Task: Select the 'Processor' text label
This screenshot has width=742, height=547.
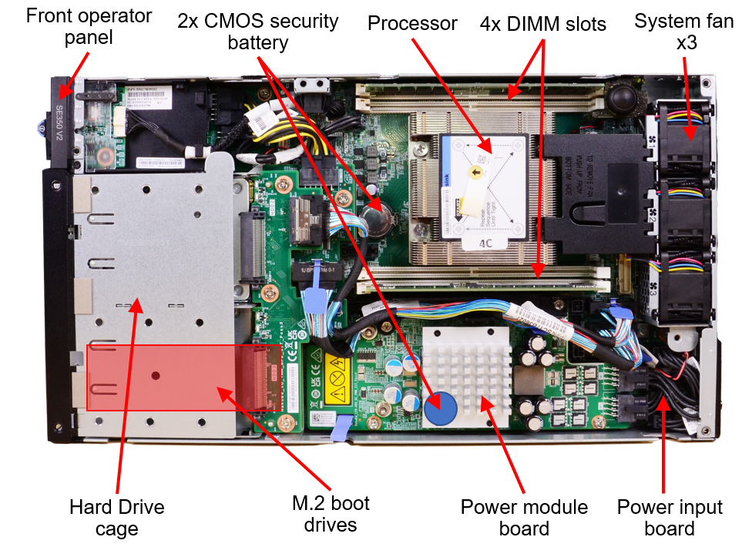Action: pos(412,23)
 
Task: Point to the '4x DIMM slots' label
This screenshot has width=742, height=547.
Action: pos(542,23)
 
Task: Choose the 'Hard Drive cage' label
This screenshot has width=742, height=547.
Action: pos(116,518)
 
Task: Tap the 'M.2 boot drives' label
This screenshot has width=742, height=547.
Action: pos(331,514)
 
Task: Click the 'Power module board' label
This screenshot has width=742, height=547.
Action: pos(524,518)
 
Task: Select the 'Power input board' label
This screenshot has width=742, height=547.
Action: pos(670,518)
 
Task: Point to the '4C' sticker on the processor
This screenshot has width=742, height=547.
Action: pos(485,243)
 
